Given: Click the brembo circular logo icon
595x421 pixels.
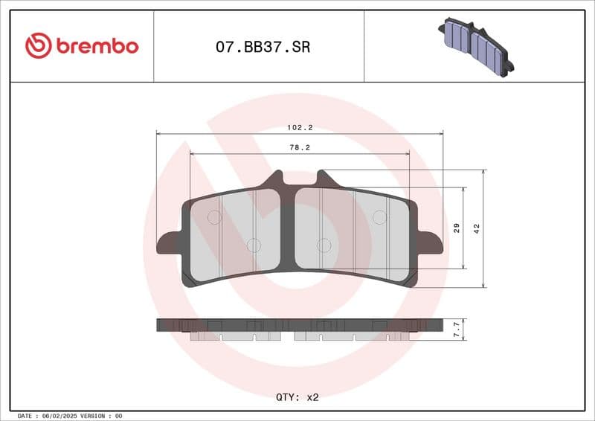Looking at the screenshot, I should [x=38, y=46].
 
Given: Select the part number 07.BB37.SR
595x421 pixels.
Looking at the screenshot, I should [x=263, y=48].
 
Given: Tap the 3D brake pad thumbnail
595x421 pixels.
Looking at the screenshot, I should [x=476, y=45].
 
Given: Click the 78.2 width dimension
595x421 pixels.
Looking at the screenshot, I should [x=299, y=148].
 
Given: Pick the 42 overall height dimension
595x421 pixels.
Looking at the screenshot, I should [x=477, y=228].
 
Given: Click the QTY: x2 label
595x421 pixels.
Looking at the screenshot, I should [x=297, y=397].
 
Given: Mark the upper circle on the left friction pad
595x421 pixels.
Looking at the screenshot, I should [x=213, y=217].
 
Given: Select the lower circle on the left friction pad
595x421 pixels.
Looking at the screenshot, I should [x=253, y=245].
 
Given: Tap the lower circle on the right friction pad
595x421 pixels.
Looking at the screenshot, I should [x=324, y=245].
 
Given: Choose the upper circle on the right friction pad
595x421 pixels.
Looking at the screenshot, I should [x=379, y=217].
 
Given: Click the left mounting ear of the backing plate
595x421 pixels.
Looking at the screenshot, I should [x=168, y=243].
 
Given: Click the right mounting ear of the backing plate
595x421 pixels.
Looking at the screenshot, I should [x=430, y=243].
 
